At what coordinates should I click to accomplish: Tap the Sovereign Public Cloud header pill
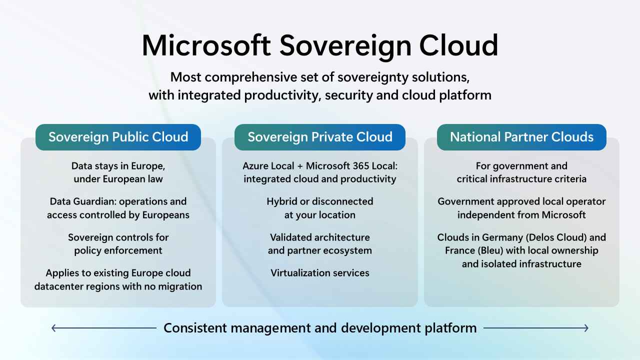point(118,137)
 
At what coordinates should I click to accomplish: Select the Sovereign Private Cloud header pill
point(320,137)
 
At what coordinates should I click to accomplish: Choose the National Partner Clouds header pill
point(521,137)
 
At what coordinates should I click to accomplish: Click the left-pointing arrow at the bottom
point(55,328)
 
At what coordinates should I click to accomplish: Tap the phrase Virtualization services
point(320,273)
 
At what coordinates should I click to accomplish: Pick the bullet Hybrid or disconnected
point(320,201)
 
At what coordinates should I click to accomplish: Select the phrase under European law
point(118,179)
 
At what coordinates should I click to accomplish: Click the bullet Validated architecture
point(320,237)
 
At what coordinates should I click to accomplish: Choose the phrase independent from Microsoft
point(521,215)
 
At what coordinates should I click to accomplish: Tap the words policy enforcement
point(118,250)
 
